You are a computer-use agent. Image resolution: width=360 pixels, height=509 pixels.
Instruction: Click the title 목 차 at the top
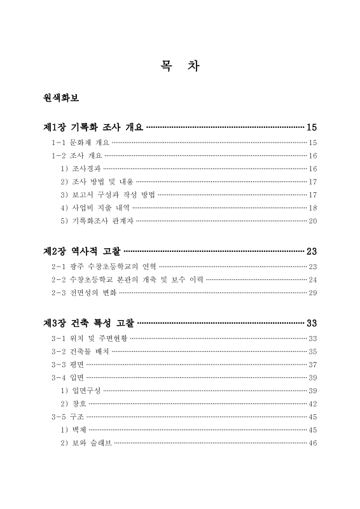click(180, 66)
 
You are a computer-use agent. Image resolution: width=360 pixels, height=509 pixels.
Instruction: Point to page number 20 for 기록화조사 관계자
click(312, 221)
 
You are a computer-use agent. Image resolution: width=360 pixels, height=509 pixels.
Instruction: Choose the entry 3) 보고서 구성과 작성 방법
click(106, 195)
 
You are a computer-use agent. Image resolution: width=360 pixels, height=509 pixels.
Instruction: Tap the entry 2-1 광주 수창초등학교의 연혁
click(103, 267)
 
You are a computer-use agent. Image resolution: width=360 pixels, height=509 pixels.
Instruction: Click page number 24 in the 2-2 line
click(312, 280)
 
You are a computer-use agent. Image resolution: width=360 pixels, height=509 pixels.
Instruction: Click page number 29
click(312, 293)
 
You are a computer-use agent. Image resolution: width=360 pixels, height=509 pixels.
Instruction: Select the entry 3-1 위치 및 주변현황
click(89, 338)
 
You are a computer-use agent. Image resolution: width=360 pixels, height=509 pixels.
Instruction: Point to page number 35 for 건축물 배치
click(312, 351)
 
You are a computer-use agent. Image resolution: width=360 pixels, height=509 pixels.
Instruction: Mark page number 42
click(312, 403)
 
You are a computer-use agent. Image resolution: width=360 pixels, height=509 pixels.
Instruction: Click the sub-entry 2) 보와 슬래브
click(86, 443)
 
